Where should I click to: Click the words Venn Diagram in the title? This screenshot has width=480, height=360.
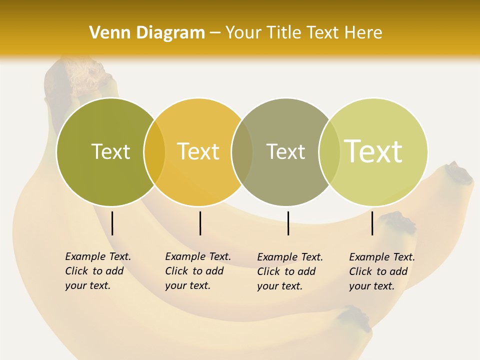[146, 32]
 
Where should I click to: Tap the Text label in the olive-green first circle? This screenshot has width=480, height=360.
[110, 151]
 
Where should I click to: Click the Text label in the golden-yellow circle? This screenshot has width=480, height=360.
[198, 151]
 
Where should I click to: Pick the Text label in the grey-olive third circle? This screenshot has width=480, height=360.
[285, 151]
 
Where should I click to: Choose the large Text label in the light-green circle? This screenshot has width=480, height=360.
[373, 151]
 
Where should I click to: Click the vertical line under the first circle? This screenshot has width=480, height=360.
[112, 223]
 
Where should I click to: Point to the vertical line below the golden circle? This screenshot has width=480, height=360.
[200, 223]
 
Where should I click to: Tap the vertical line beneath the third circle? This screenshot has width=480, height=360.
[288, 223]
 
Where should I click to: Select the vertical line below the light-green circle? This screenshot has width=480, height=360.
[372, 223]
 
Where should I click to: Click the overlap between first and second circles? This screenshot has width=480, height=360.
[154, 152]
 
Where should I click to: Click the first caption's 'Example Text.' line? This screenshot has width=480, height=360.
[98, 256]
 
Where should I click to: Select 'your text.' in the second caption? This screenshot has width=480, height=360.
[187, 285]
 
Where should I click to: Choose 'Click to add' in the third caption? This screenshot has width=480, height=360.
[286, 271]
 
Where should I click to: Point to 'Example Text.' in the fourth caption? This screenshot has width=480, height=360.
[382, 257]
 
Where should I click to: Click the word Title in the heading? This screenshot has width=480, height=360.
[284, 32]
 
